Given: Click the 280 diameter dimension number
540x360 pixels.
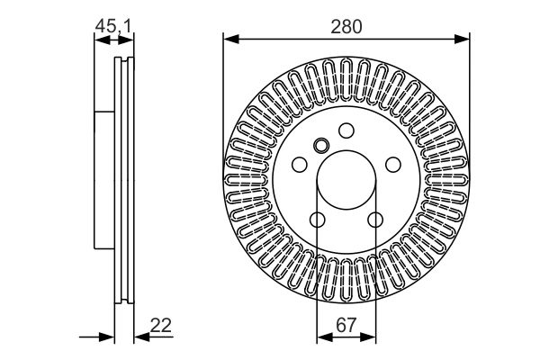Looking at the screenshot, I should [346, 27].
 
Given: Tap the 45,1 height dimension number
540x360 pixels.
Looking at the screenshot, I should [113, 27].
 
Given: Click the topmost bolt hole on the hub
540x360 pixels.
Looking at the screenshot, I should [346, 131].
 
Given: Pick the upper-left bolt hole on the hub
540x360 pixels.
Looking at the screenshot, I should [301, 165].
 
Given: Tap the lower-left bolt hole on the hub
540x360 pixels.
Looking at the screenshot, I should [318, 218].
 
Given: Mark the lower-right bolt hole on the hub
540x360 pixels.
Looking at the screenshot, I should [374, 218].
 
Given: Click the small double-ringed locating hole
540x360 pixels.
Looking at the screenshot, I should [322, 146].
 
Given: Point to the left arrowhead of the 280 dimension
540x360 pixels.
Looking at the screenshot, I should [229, 38].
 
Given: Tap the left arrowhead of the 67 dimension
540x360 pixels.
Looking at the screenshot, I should [322, 338].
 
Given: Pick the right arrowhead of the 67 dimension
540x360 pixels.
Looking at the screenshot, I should [371, 338].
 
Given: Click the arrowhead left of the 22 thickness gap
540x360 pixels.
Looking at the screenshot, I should [110, 338].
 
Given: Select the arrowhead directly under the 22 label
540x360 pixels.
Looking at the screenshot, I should [140, 338].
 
